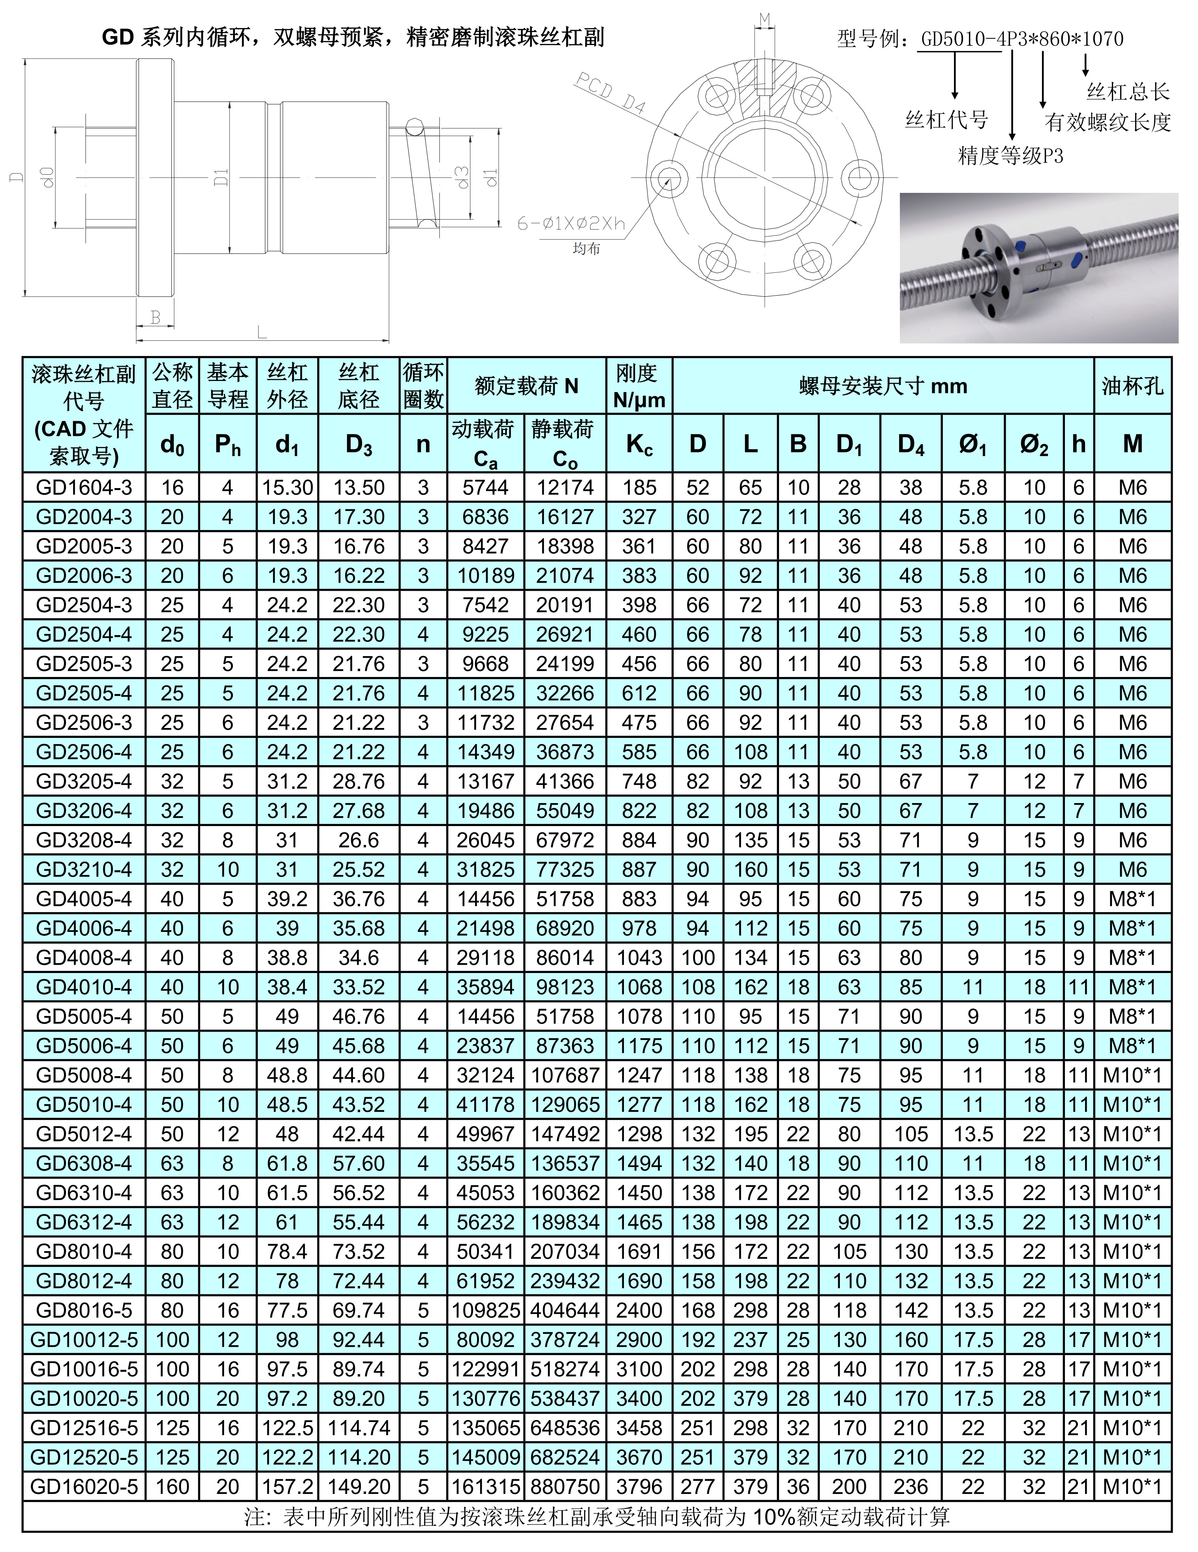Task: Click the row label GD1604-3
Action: point(84,487)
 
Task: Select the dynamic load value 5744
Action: point(486,487)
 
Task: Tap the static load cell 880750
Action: point(565,1487)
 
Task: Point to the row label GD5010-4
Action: point(84,1104)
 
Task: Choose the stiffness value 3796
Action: point(639,1487)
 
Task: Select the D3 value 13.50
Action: point(359,487)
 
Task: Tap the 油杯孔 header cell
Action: point(1133,386)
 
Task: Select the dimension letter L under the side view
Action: point(261,331)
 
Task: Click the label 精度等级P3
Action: point(1010,156)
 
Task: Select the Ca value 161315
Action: point(486,1487)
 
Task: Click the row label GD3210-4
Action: point(84,869)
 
